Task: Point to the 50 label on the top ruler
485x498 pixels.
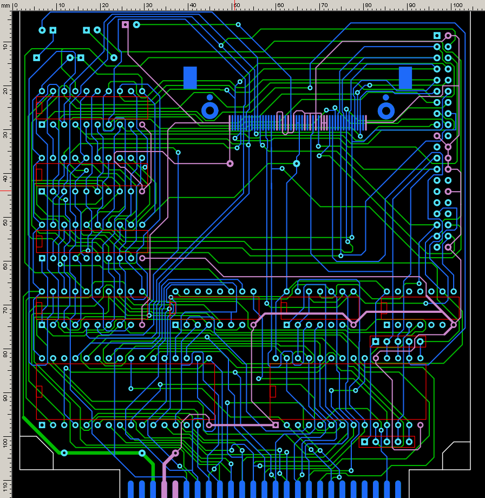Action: pos(236,5)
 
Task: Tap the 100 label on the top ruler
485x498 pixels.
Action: pos(457,5)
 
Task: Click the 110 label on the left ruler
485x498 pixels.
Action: pos(5,486)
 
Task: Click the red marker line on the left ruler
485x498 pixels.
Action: pos(5,191)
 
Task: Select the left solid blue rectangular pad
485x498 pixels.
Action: pos(190,77)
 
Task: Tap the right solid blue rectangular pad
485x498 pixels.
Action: pos(405,78)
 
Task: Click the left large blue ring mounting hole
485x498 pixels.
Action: pos(209,110)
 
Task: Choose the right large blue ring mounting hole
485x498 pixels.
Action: pos(385,110)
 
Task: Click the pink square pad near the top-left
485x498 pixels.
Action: pos(126,24)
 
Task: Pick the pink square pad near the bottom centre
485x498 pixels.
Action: pos(276,425)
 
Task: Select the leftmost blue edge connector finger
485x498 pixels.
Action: pos(130,488)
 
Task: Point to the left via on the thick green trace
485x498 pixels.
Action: pos(64,453)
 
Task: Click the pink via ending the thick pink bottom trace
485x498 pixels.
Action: pos(175,453)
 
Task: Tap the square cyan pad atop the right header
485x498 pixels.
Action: pos(437,36)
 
